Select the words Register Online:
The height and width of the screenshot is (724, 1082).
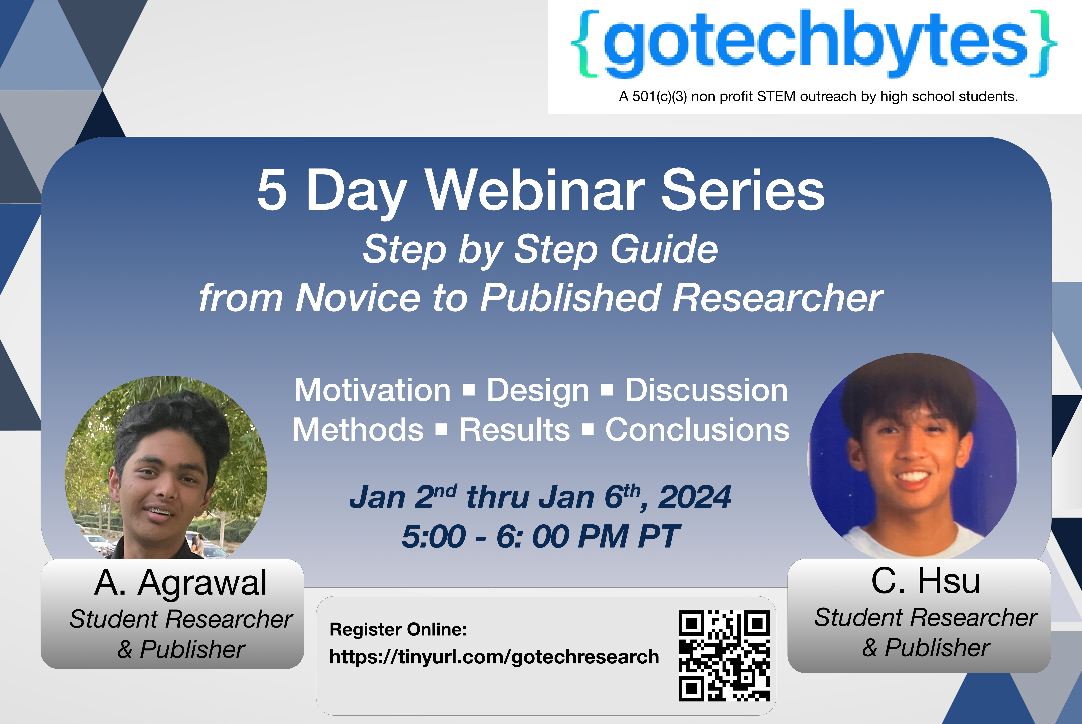coord(398,629)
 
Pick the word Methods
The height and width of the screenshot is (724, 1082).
coord(358,430)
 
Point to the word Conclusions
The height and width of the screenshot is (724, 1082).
coord(697,430)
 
